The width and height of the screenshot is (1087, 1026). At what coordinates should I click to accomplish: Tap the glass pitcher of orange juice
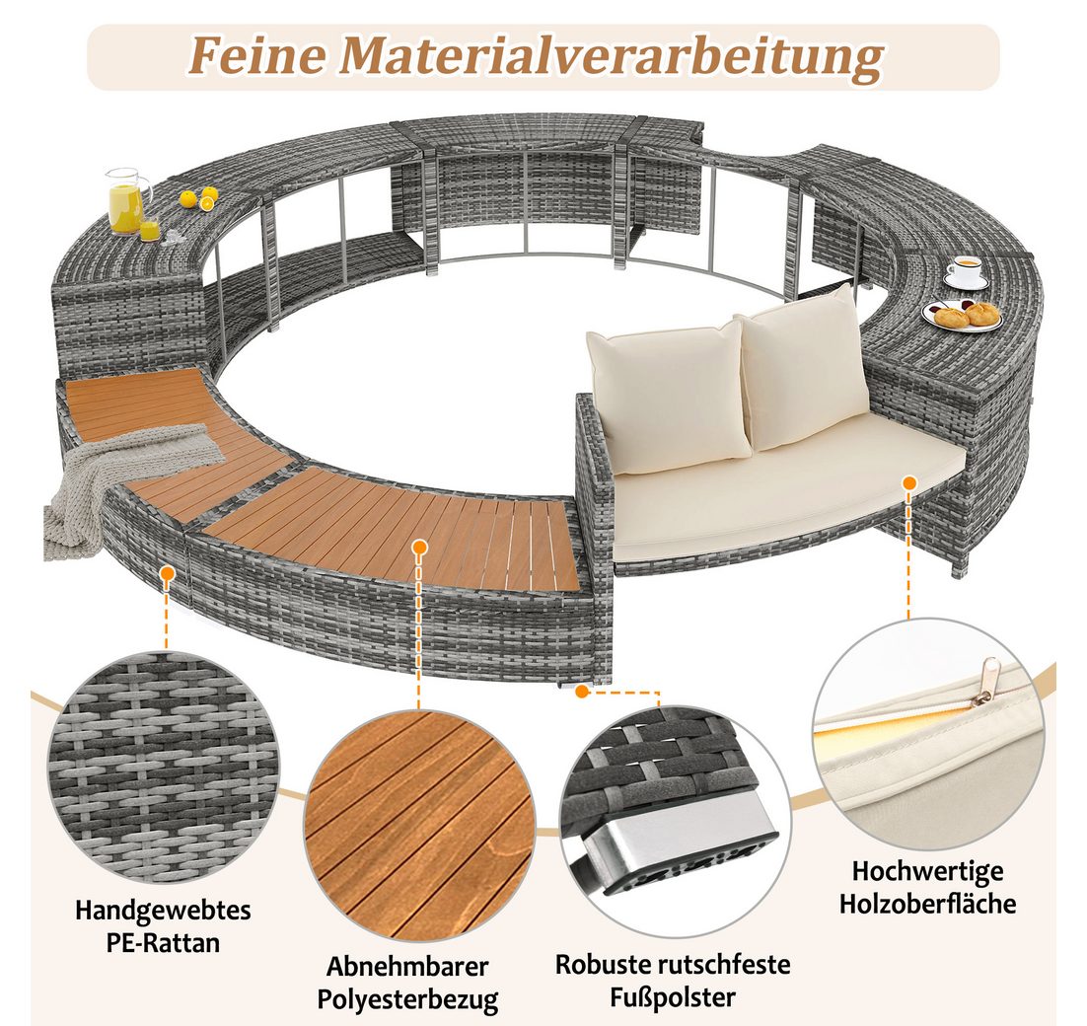124,201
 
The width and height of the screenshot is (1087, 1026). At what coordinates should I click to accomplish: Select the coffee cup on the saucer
965,270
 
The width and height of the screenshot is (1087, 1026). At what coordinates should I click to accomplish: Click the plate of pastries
961,315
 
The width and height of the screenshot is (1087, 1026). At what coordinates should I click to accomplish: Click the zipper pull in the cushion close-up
982,696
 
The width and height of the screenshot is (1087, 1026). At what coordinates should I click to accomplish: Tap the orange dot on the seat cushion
908,481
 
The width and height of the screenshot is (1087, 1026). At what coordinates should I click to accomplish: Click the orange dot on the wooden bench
420,546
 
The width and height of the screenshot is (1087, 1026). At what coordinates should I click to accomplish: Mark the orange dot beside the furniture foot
583,692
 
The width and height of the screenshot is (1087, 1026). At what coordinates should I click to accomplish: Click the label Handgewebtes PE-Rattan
163,924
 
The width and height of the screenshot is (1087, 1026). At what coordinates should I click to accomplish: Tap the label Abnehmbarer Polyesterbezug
406,982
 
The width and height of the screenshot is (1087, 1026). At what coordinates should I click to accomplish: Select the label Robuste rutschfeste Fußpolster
673,979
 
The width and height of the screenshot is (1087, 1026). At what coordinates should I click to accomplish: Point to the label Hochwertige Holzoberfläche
927,887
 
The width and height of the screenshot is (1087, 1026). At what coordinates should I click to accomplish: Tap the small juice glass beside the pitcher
150,230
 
